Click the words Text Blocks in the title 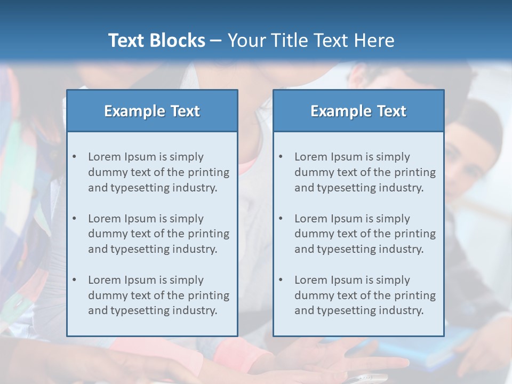(x=156, y=41)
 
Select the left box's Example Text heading (x=152, y=111)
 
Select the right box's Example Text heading (x=358, y=111)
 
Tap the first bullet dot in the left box (x=74, y=157)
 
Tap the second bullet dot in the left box (x=74, y=219)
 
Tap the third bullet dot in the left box (x=74, y=280)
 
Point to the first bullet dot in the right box (x=281, y=157)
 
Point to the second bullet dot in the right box (x=281, y=219)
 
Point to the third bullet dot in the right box (x=281, y=280)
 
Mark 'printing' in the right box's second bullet (x=414, y=234)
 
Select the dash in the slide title (x=216, y=41)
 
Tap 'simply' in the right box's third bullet (x=393, y=280)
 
